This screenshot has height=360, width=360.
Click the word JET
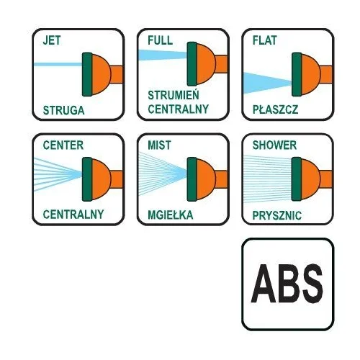coord(52,40)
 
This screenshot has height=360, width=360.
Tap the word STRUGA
coord(63,110)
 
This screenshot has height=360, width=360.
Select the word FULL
coord(160,40)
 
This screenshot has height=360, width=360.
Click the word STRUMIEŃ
coord(174,94)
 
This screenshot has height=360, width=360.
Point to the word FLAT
coord(265,40)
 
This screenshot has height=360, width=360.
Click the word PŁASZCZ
coord(275,109)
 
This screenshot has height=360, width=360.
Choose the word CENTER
coord(63,145)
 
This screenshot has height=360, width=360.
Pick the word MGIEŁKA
coord(171,215)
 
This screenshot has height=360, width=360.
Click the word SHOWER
coord(274,145)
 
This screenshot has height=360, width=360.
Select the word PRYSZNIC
coord(277,215)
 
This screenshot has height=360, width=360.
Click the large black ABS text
coord(287,284)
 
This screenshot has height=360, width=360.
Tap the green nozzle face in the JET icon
coord(87,74)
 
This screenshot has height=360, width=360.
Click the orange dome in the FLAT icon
coord(311,74)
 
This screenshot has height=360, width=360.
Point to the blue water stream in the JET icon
coord(58,64)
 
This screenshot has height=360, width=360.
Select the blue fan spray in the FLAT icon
coord(267,83)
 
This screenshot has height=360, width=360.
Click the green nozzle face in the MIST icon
coord(192,179)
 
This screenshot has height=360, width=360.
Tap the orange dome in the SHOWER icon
coord(311,179)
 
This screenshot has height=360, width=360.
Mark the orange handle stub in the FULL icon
coord(221,64)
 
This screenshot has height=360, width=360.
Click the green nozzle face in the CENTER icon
coord(87,179)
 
